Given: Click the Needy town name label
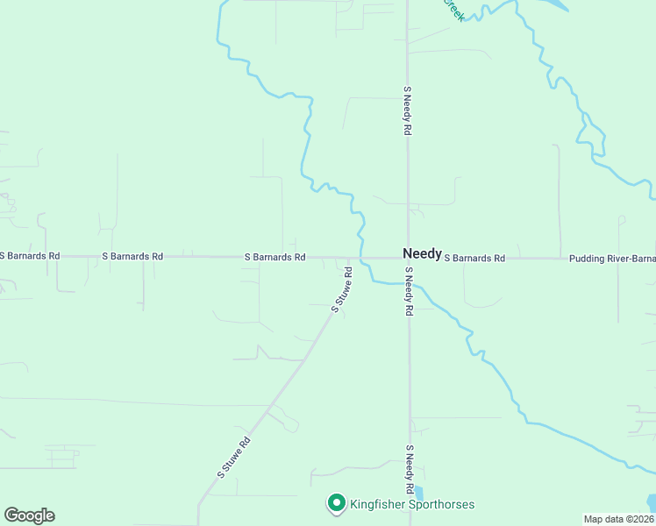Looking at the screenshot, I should pos(422,252).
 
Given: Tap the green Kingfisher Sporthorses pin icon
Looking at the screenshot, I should pos(336,503).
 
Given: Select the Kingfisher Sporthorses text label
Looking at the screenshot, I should pos(412,504).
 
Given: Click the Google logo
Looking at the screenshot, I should pos(29,515).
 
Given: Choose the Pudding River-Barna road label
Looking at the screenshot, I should pos(612,259).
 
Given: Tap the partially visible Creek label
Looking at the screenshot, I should pos(453,9).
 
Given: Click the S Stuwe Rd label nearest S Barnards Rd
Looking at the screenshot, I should pos(342,290).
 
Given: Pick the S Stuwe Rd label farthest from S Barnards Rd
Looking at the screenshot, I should pos(234,457).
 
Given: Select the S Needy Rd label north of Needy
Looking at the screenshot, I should pos(408,110).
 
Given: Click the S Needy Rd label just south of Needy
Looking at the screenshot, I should pos(409,298).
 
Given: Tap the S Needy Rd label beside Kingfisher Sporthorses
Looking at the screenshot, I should pos(410,469).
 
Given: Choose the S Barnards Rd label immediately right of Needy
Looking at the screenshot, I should pos(474,259).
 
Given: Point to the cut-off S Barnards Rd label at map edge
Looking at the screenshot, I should pos(30,256).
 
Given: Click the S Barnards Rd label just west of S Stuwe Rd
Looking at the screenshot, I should pos(275,258).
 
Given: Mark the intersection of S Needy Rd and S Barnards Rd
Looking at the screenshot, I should pos(408,258).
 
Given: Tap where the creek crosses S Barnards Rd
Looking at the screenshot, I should pos(362,258).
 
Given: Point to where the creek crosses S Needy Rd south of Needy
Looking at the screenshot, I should pos(409,283).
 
